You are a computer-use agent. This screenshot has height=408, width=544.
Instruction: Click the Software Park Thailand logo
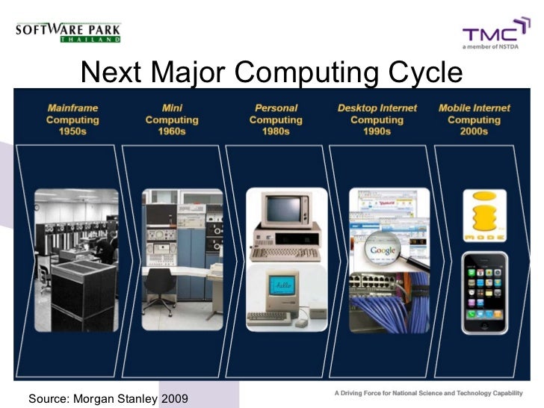click(x=67, y=32)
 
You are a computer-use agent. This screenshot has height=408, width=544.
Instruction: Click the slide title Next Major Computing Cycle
click(x=271, y=72)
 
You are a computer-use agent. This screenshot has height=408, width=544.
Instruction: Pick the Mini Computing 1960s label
click(x=172, y=120)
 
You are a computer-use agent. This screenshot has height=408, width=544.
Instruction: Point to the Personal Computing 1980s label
click(x=276, y=120)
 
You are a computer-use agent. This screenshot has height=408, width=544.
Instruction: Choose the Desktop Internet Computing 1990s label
click(x=377, y=120)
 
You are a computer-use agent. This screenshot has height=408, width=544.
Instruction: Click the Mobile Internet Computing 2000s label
click(x=474, y=120)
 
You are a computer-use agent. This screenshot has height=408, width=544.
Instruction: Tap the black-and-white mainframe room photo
click(x=76, y=259)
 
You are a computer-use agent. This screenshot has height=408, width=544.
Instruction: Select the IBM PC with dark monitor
click(x=285, y=223)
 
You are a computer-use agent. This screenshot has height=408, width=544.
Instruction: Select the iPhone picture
click(x=484, y=292)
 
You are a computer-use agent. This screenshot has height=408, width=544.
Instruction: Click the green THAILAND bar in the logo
click(x=90, y=39)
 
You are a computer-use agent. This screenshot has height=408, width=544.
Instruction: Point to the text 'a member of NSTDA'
click(x=493, y=46)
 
